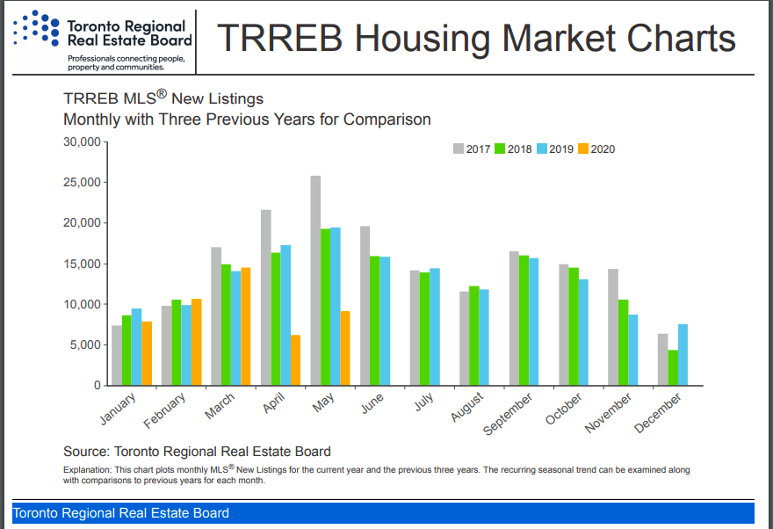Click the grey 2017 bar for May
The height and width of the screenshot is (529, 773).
coord(315,280)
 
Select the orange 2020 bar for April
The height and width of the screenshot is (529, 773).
coord(295,360)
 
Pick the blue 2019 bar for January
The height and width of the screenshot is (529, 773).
coord(136,347)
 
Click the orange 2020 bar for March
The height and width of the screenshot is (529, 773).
coord(246,326)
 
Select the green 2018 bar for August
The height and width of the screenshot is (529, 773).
coord(474,336)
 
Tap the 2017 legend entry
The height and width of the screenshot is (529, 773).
coord(473,149)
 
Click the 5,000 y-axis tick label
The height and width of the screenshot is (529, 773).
coord(84,345)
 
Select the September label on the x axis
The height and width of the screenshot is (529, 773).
coord(509,414)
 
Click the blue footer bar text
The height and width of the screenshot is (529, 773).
coord(121,513)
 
